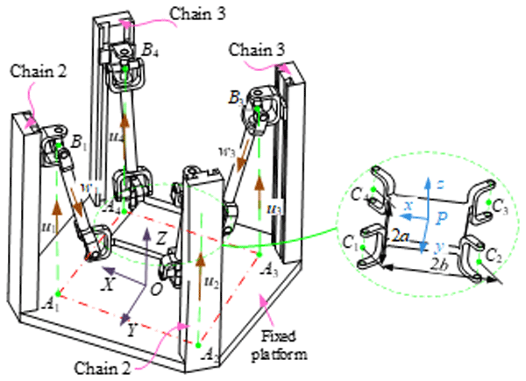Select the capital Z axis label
(x=160, y=236)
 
